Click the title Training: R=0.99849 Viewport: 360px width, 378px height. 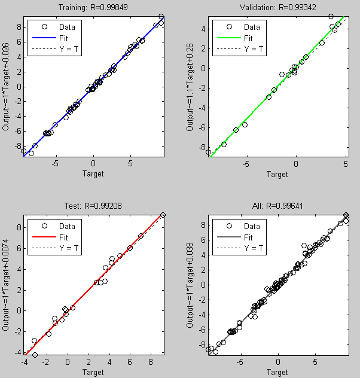point(93,8)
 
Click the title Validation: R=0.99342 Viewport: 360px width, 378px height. point(277,8)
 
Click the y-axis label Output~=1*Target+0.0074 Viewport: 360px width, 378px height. point(7,285)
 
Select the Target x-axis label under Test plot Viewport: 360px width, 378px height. point(93,372)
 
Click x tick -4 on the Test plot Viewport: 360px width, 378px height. point(25,362)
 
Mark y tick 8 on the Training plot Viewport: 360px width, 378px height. point(18,26)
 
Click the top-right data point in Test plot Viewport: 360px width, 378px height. point(163,215)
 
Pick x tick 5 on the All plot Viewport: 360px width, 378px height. point(315,362)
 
